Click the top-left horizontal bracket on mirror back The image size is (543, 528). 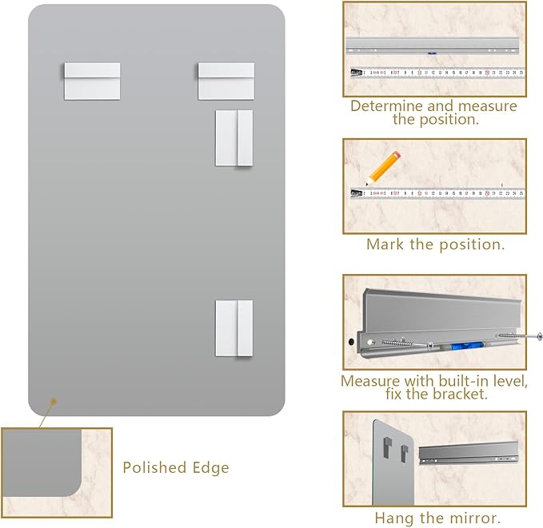pos(92,81)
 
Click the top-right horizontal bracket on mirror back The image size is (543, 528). pos(226,81)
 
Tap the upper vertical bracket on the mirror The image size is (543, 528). pos(234,138)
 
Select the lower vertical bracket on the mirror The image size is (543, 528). pos(234,328)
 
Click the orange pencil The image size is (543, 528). pos(383,169)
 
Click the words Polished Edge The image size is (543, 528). pos(176,467)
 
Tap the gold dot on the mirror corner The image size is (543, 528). pos(54,401)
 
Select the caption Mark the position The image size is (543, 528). pos(435,244)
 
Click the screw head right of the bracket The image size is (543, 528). pos(539,335)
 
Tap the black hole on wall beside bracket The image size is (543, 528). pos(351,342)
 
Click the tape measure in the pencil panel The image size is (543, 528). pos(437,193)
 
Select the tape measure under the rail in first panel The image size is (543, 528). pos(437,73)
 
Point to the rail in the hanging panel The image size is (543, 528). pos(469,452)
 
